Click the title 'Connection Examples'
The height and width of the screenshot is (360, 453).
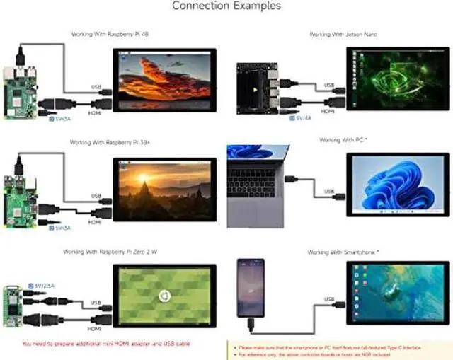click(x=226, y=6)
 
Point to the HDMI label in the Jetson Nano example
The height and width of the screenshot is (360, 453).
click(x=328, y=112)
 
